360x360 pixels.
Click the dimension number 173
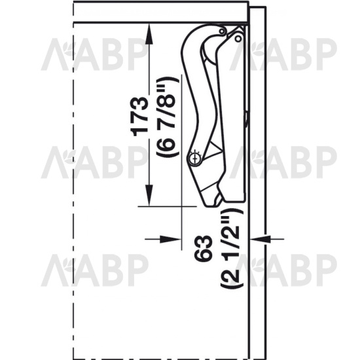tap(139, 117)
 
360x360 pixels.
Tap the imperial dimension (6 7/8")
tap(167, 117)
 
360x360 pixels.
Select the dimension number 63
tap(202, 248)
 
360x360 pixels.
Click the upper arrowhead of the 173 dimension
tap(149, 33)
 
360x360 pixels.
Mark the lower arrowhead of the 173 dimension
tap(149, 196)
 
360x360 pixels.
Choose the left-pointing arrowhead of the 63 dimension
tap(260, 239)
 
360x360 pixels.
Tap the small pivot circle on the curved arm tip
tap(222, 31)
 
